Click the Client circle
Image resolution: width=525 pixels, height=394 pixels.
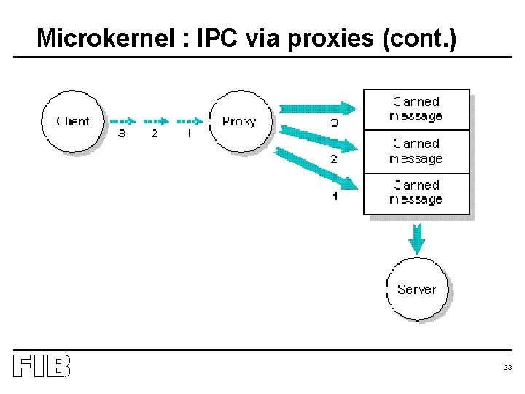[73, 121]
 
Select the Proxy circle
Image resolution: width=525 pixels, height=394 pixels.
[240, 121]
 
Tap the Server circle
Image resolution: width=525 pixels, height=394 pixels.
[416, 289]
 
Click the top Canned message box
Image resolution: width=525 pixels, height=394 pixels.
[416, 109]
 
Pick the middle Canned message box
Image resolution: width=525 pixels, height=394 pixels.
[416, 152]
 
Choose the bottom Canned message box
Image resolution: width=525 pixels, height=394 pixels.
[416, 193]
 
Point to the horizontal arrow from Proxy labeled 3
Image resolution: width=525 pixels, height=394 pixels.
[318, 109]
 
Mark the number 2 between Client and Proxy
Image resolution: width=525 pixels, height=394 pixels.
[155, 134]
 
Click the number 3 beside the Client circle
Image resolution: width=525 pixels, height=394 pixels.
[121, 134]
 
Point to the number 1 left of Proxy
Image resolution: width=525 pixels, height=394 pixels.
[188, 134]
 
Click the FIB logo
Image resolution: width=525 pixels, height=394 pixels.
[42, 366]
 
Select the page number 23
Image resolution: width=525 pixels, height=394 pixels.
[507, 368]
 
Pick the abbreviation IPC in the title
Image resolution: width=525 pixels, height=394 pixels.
[217, 38]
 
